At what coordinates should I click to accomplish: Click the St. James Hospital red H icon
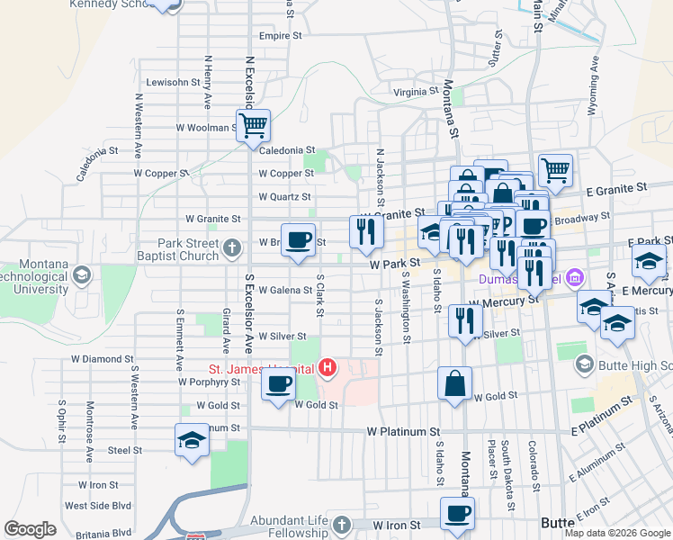[328, 368]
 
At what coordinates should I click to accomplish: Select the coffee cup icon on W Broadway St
[299, 239]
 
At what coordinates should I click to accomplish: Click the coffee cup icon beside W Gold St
[277, 384]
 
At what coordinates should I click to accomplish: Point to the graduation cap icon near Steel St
[192, 440]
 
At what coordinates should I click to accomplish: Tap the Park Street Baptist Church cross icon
[232, 248]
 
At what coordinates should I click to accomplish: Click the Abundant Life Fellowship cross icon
[341, 525]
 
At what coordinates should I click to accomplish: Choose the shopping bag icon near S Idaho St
[455, 382]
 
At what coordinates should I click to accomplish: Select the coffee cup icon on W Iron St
[457, 514]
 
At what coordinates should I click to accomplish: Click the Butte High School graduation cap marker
[585, 364]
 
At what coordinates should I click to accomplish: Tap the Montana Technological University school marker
[81, 274]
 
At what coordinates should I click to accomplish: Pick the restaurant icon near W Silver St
[465, 321]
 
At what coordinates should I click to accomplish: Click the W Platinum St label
[402, 432]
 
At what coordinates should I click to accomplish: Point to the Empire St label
[280, 36]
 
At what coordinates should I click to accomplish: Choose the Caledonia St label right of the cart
[287, 150]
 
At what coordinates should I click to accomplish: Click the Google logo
[30, 529]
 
